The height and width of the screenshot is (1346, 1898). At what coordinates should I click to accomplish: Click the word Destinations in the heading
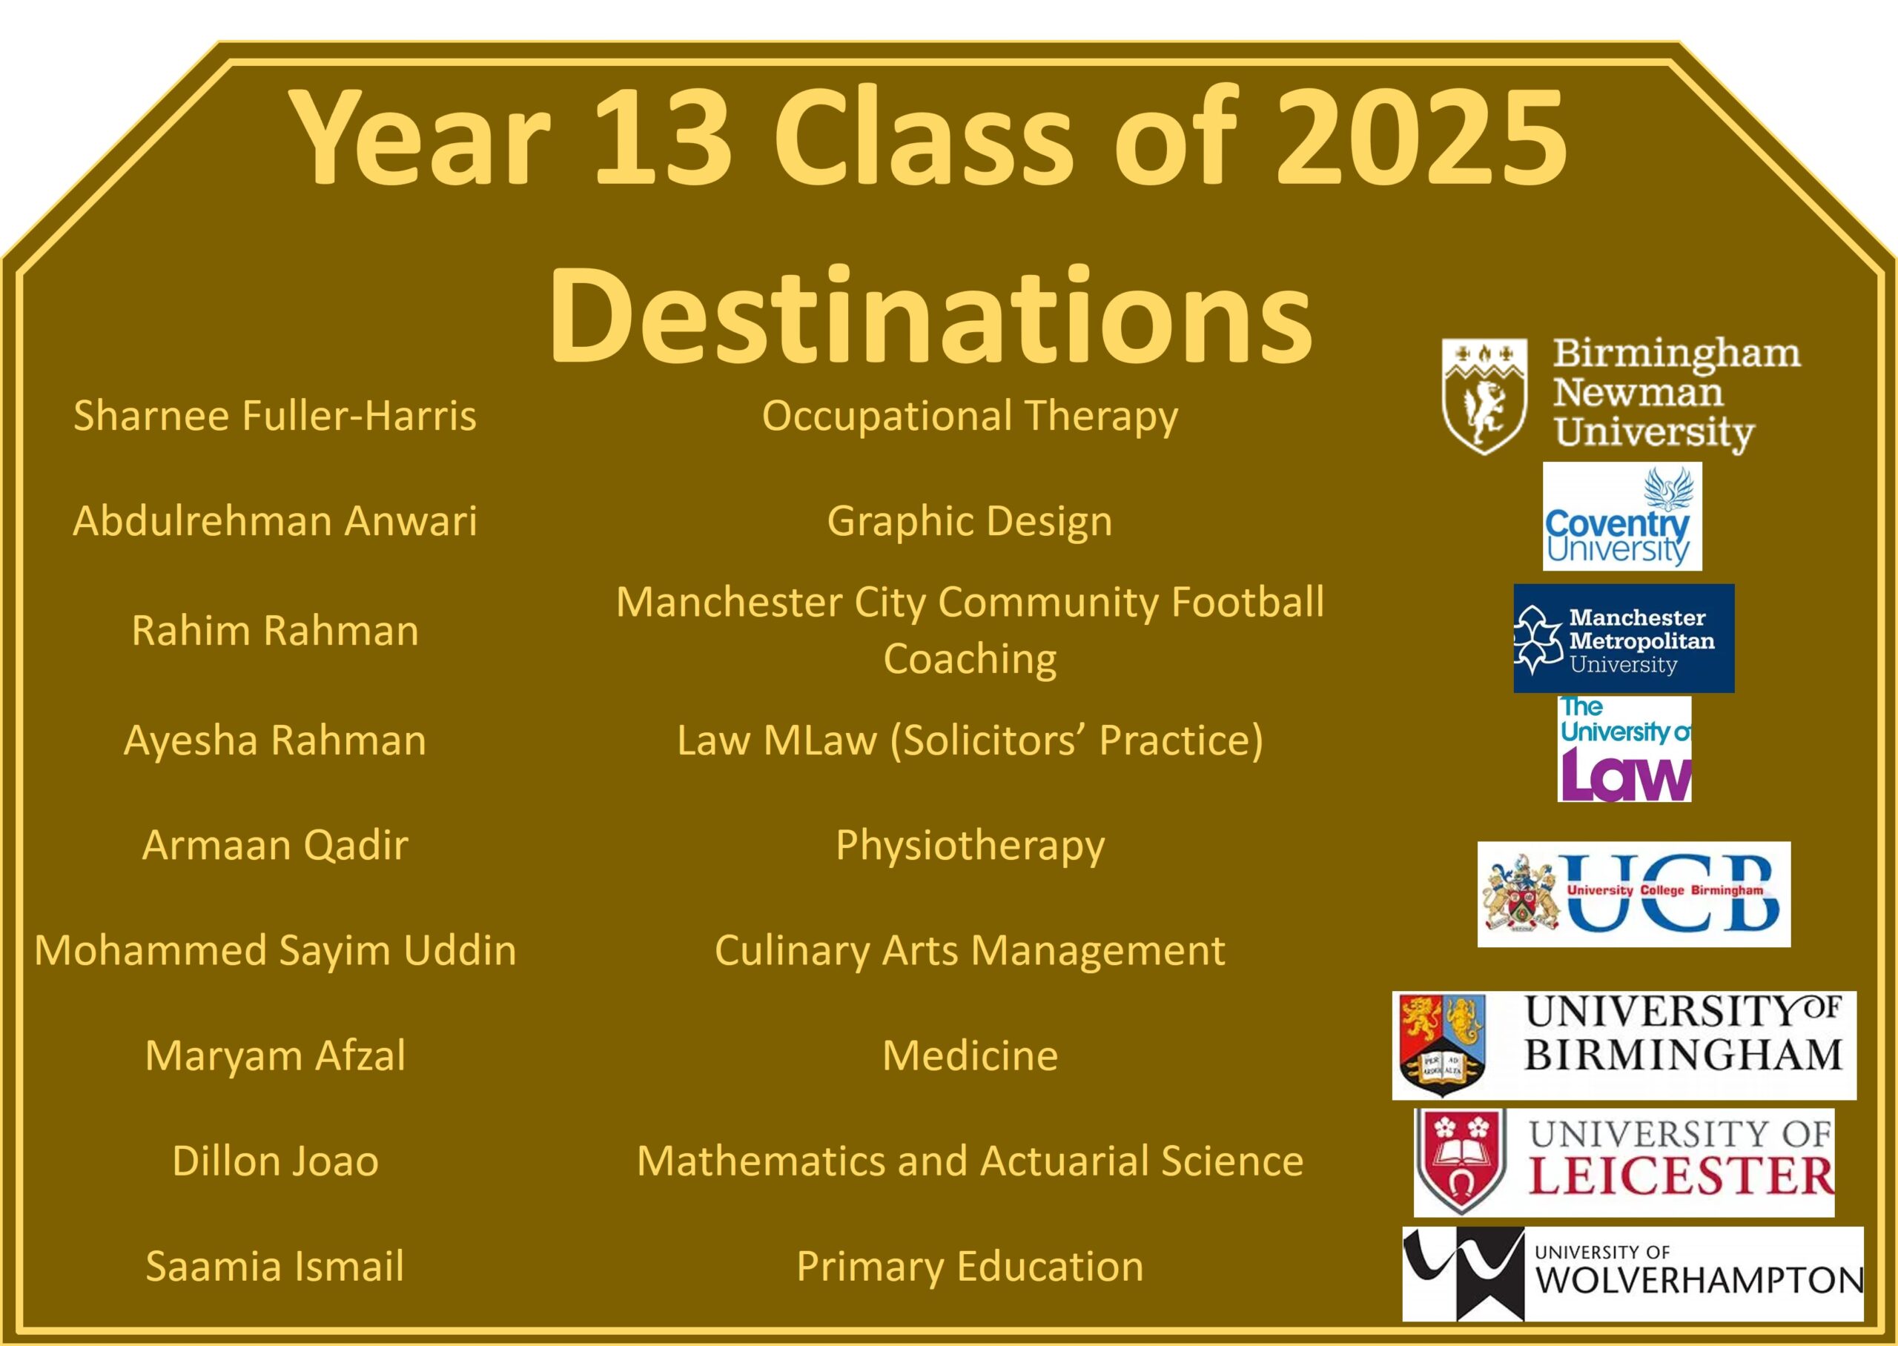[930, 316]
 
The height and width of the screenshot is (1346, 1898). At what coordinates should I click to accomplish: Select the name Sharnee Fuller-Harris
[274, 415]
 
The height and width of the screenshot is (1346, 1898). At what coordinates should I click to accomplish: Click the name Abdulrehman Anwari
[274, 520]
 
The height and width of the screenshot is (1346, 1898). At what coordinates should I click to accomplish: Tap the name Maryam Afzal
[275, 1055]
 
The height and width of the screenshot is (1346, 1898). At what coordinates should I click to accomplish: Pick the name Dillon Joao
[275, 1161]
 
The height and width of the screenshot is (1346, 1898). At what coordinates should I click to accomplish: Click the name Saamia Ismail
[275, 1266]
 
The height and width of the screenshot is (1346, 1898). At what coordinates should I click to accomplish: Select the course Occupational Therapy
[970, 417]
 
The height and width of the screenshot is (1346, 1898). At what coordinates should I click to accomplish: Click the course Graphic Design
[970, 522]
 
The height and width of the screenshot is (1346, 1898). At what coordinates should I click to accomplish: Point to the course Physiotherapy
[970, 846]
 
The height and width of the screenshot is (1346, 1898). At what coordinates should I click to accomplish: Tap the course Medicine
[970, 1055]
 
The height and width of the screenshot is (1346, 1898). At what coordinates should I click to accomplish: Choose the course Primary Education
[970, 1267]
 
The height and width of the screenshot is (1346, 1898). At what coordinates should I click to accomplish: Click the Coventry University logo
[1622, 517]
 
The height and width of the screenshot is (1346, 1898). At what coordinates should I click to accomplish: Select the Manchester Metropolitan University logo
[1624, 638]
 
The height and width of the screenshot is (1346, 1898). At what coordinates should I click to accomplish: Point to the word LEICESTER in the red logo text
[1681, 1177]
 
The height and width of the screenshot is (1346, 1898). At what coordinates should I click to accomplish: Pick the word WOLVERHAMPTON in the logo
[1699, 1281]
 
